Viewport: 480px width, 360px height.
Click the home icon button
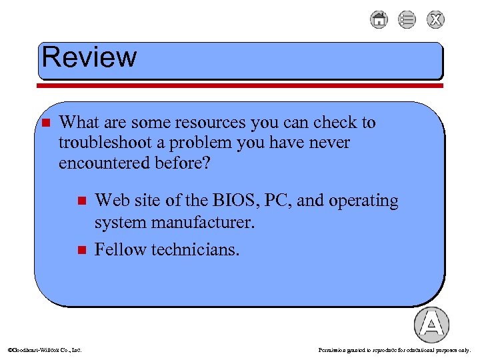[379, 20]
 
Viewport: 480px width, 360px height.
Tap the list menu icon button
[407, 20]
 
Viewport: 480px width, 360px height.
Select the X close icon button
[436, 20]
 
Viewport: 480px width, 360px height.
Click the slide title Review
[89, 57]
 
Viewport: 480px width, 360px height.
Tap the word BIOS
[228, 201]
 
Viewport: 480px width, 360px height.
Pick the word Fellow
[121, 249]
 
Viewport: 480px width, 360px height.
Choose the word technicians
[195, 249]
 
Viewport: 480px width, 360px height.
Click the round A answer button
[431, 325]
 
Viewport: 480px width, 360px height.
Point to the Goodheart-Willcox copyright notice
[44, 349]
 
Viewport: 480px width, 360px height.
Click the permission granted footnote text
[395, 349]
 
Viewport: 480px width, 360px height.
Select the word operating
[361, 201]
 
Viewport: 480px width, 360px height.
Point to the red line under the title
[240, 85]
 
